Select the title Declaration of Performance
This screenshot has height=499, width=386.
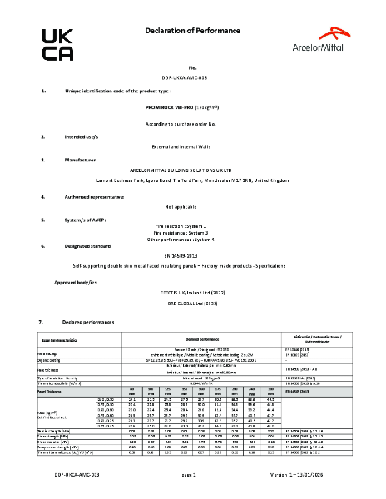[x=193, y=31]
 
